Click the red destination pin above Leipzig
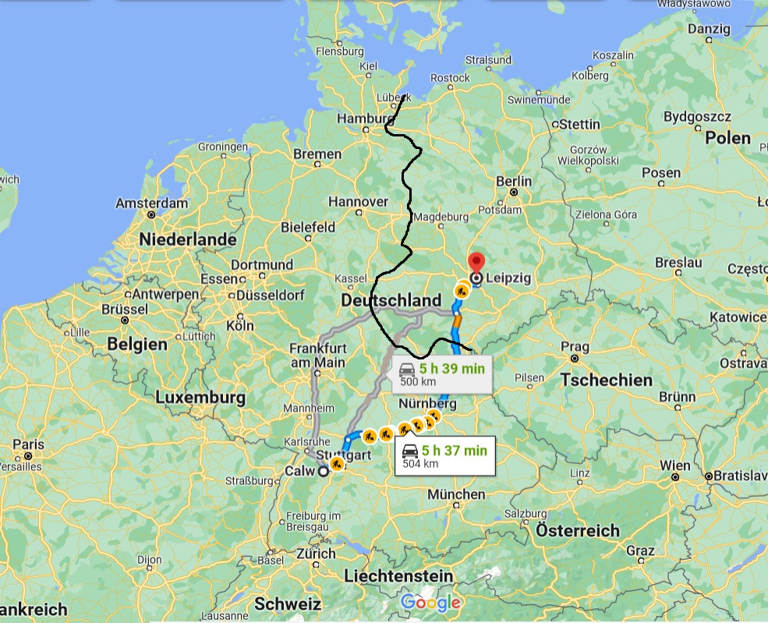[x=476, y=262]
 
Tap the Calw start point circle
[x=324, y=470]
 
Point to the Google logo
[x=431, y=603]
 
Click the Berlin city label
[x=514, y=182]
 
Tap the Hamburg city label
[x=362, y=119]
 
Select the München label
[x=456, y=494]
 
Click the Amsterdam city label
[x=151, y=203]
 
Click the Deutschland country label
[x=391, y=301]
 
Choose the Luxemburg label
[x=200, y=398]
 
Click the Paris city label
[x=28, y=444]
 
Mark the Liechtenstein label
[x=398, y=576]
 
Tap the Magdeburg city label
[x=444, y=216]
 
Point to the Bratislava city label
[x=737, y=474]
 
